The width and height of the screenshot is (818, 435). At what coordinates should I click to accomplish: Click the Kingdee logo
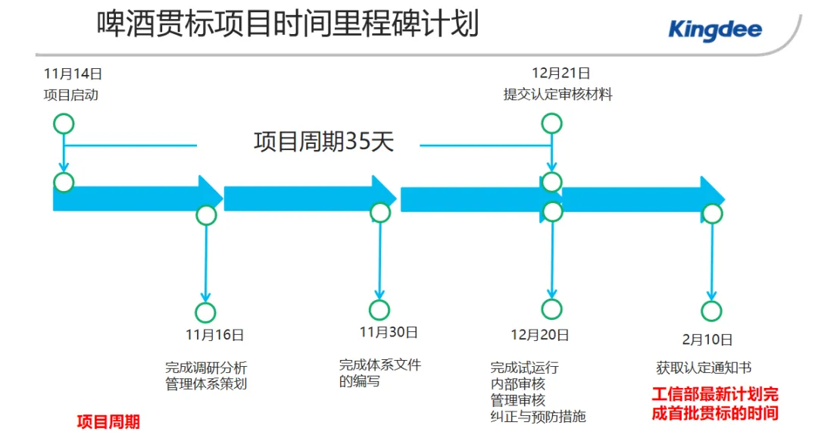(x=714, y=30)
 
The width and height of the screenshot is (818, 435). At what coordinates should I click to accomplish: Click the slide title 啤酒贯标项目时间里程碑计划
(x=288, y=24)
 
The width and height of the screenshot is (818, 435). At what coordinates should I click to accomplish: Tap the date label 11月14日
(x=73, y=74)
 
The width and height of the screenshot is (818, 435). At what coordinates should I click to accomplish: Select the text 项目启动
(x=70, y=95)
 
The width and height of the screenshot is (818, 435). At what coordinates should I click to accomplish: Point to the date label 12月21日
(x=560, y=74)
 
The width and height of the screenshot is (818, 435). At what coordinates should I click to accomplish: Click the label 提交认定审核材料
(x=558, y=95)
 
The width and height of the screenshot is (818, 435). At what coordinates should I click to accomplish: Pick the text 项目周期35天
(x=323, y=142)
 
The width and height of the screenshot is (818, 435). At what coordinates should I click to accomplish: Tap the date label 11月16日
(x=214, y=334)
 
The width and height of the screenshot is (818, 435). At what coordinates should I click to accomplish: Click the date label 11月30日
(x=389, y=332)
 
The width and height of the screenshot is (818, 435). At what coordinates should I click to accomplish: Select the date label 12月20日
(x=540, y=334)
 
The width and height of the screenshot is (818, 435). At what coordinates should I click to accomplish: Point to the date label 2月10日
(x=707, y=340)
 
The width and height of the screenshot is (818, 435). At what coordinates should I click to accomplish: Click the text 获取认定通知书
(x=704, y=368)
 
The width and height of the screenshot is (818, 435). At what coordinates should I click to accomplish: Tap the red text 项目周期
(x=108, y=422)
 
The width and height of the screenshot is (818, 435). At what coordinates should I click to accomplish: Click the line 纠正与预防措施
(x=538, y=416)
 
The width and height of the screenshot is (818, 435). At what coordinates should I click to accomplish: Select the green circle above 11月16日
(x=205, y=312)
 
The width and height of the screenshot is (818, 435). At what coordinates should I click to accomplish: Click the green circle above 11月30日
(x=379, y=309)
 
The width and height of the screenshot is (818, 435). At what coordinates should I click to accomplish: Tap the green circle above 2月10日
(x=711, y=311)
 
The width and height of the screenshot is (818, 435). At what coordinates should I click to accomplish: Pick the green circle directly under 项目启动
(x=64, y=124)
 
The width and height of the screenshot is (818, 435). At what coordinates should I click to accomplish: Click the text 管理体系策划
(x=206, y=384)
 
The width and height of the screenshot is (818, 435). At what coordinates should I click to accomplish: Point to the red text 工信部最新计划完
(x=715, y=395)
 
